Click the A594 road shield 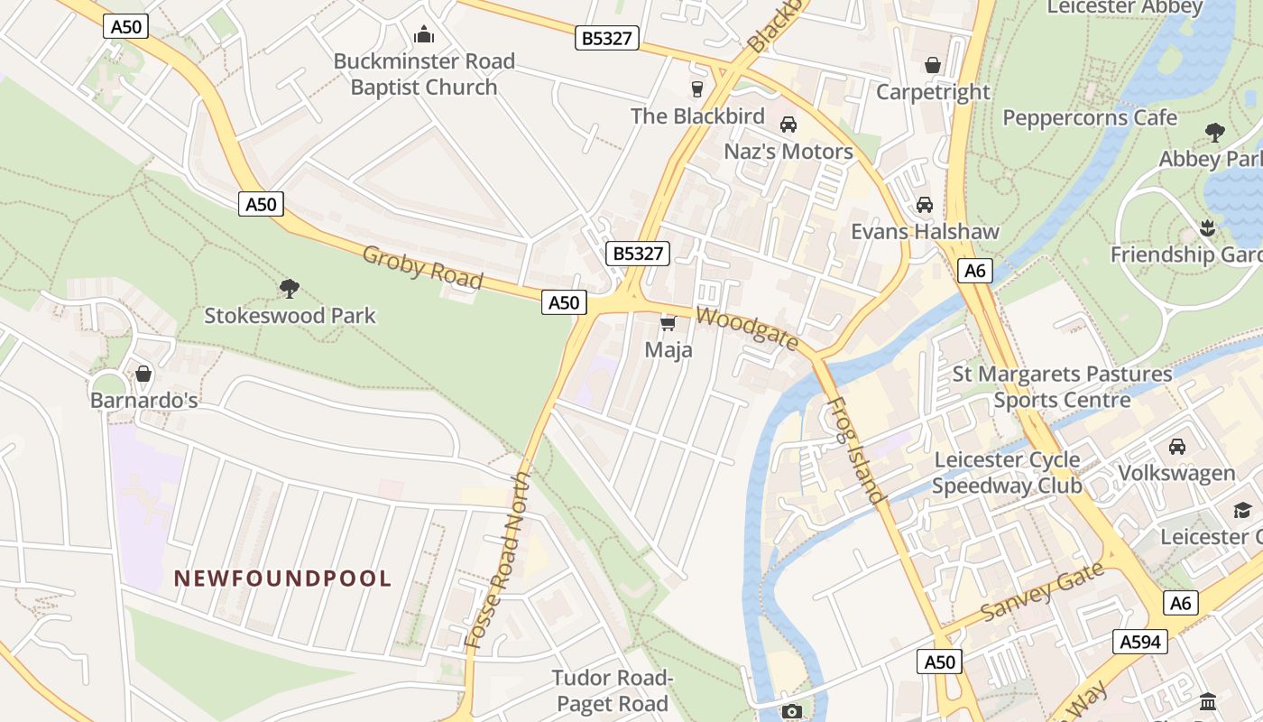pos(1140,642)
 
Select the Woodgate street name pos(747,329)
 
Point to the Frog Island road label pos(854,449)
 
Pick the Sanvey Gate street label pos(1042,591)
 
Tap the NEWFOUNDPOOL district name pos(283,579)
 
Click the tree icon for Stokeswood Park pos(289,289)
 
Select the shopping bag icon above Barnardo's pos(143,374)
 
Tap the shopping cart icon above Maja pos(668,323)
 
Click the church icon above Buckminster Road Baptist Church pos(424,35)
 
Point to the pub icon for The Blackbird pos(696,88)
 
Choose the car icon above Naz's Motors pos(788,125)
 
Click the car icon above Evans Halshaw pos(925,205)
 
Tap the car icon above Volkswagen pos(1176,447)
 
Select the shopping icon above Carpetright pos(933,65)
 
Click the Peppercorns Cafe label pos(1090,118)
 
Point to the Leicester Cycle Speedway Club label pos(1007,472)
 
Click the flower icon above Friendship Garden pos(1208,227)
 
